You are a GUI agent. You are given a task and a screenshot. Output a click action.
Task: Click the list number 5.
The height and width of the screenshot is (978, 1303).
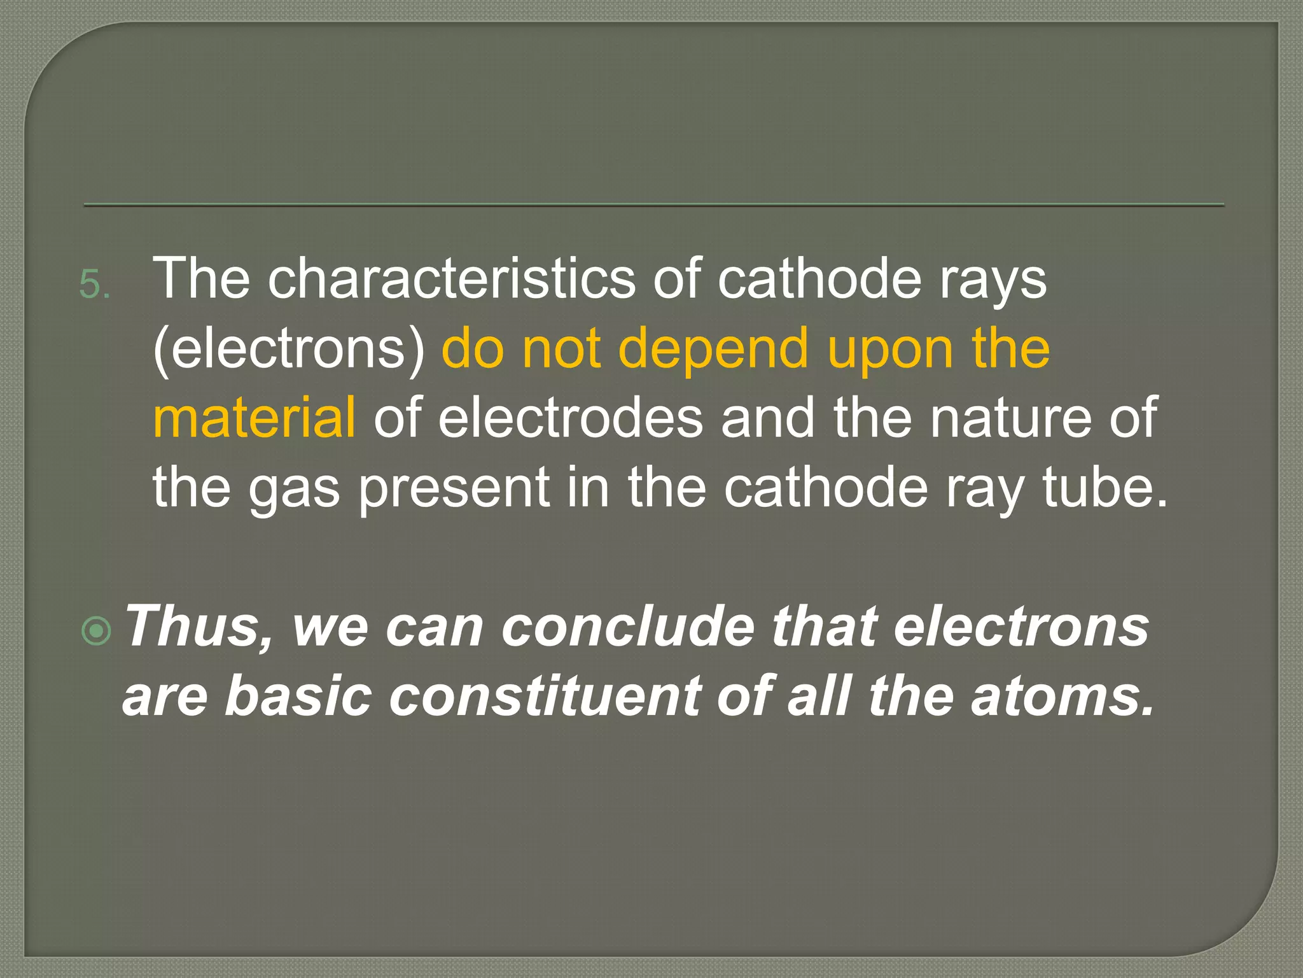tap(94, 284)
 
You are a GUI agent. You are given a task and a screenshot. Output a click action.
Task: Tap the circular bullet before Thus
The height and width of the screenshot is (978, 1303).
tap(97, 631)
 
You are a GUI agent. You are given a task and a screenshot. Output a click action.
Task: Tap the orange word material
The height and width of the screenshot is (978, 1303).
tap(254, 417)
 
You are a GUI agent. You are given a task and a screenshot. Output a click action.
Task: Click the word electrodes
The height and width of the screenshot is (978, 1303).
tap(570, 417)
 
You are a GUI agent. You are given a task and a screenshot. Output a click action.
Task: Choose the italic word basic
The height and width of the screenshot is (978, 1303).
tap(298, 695)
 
